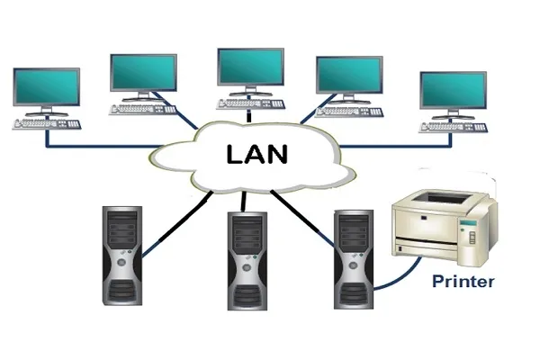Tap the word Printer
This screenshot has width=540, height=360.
coord(463,282)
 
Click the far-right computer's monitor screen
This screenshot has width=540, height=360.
coord(454,91)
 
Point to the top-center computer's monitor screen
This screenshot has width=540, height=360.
coord(250,67)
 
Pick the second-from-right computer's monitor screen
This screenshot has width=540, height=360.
coord(349,77)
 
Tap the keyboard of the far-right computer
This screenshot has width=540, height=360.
coord(455,126)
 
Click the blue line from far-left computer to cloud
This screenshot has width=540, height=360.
coord(99,143)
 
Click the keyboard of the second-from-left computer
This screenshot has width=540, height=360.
coord(143,109)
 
